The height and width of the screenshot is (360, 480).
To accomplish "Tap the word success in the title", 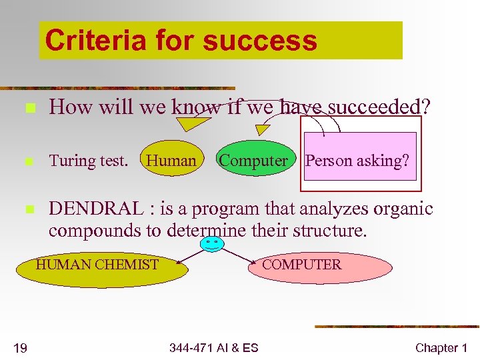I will pyautogui.click(x=259, y=40).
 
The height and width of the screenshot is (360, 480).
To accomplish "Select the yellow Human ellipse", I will pyautogui.click(x=171, y=160).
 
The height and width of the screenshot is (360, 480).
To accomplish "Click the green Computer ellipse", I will pyautogui.click(x=254, y=160).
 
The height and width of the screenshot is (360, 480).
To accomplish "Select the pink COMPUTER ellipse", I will pyautogui.click(x=321, y=267).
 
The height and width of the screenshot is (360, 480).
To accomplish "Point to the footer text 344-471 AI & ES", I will pyautogui.click(x=213, y=347).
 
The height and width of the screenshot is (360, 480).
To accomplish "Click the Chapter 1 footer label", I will pyautogui.click(x=441, y=347).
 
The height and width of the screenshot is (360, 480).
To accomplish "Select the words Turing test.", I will pyautogui.click(x=88, y=161).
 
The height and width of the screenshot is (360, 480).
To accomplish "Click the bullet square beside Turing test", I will pyautogui.click(x=27, y=161).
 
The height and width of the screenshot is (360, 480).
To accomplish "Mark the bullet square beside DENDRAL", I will pyautogui.click(x=27, y=209).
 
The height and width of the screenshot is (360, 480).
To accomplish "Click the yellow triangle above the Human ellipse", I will pyautogui.click(x=189, y=124).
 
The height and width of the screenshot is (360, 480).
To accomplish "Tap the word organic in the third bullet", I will pyautogui.click(x=401, y=209).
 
